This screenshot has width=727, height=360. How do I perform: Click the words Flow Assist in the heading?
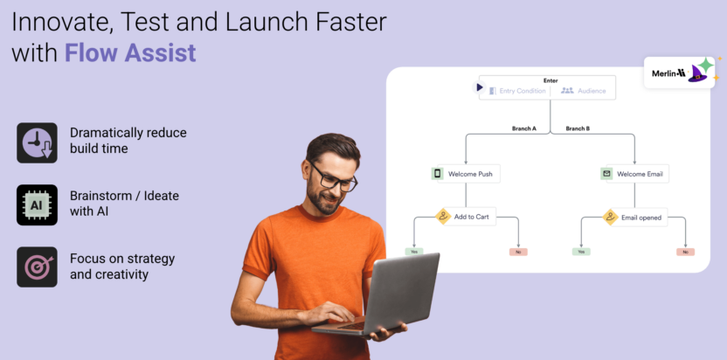130,52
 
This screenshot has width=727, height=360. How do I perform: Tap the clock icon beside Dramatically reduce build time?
37,142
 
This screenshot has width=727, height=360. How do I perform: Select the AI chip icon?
37,205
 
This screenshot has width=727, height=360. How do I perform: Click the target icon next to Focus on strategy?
37,267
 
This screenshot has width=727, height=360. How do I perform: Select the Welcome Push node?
462,174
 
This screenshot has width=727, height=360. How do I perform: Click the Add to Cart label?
471,217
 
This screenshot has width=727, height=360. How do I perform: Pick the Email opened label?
640,218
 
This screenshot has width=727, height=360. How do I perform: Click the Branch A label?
523,128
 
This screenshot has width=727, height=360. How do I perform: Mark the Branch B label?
577,128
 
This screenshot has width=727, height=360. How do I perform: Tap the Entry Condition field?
522,90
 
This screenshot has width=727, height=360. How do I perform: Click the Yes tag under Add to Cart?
412,252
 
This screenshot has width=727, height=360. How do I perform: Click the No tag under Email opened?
685,252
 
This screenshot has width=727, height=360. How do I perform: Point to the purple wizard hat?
700,71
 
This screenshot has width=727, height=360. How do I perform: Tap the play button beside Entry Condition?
479,87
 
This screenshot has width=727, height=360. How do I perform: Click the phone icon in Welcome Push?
438,174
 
